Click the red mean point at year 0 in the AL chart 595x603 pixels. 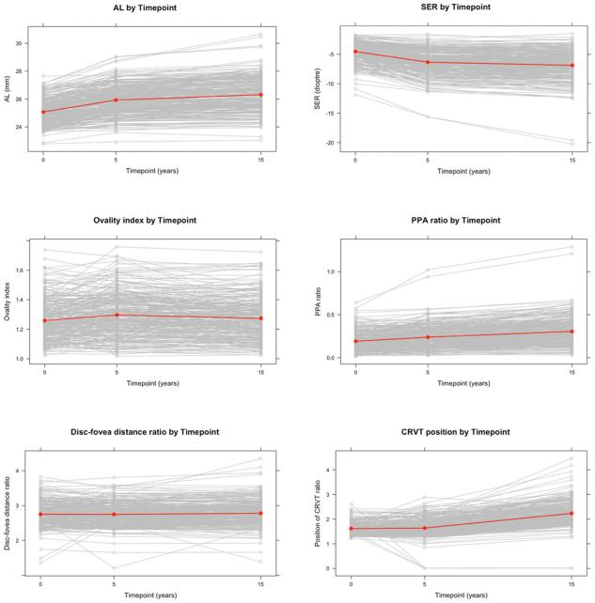44,112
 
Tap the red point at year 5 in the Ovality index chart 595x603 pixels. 117,315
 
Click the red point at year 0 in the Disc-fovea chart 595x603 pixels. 44,514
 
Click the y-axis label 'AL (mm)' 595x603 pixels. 8,89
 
